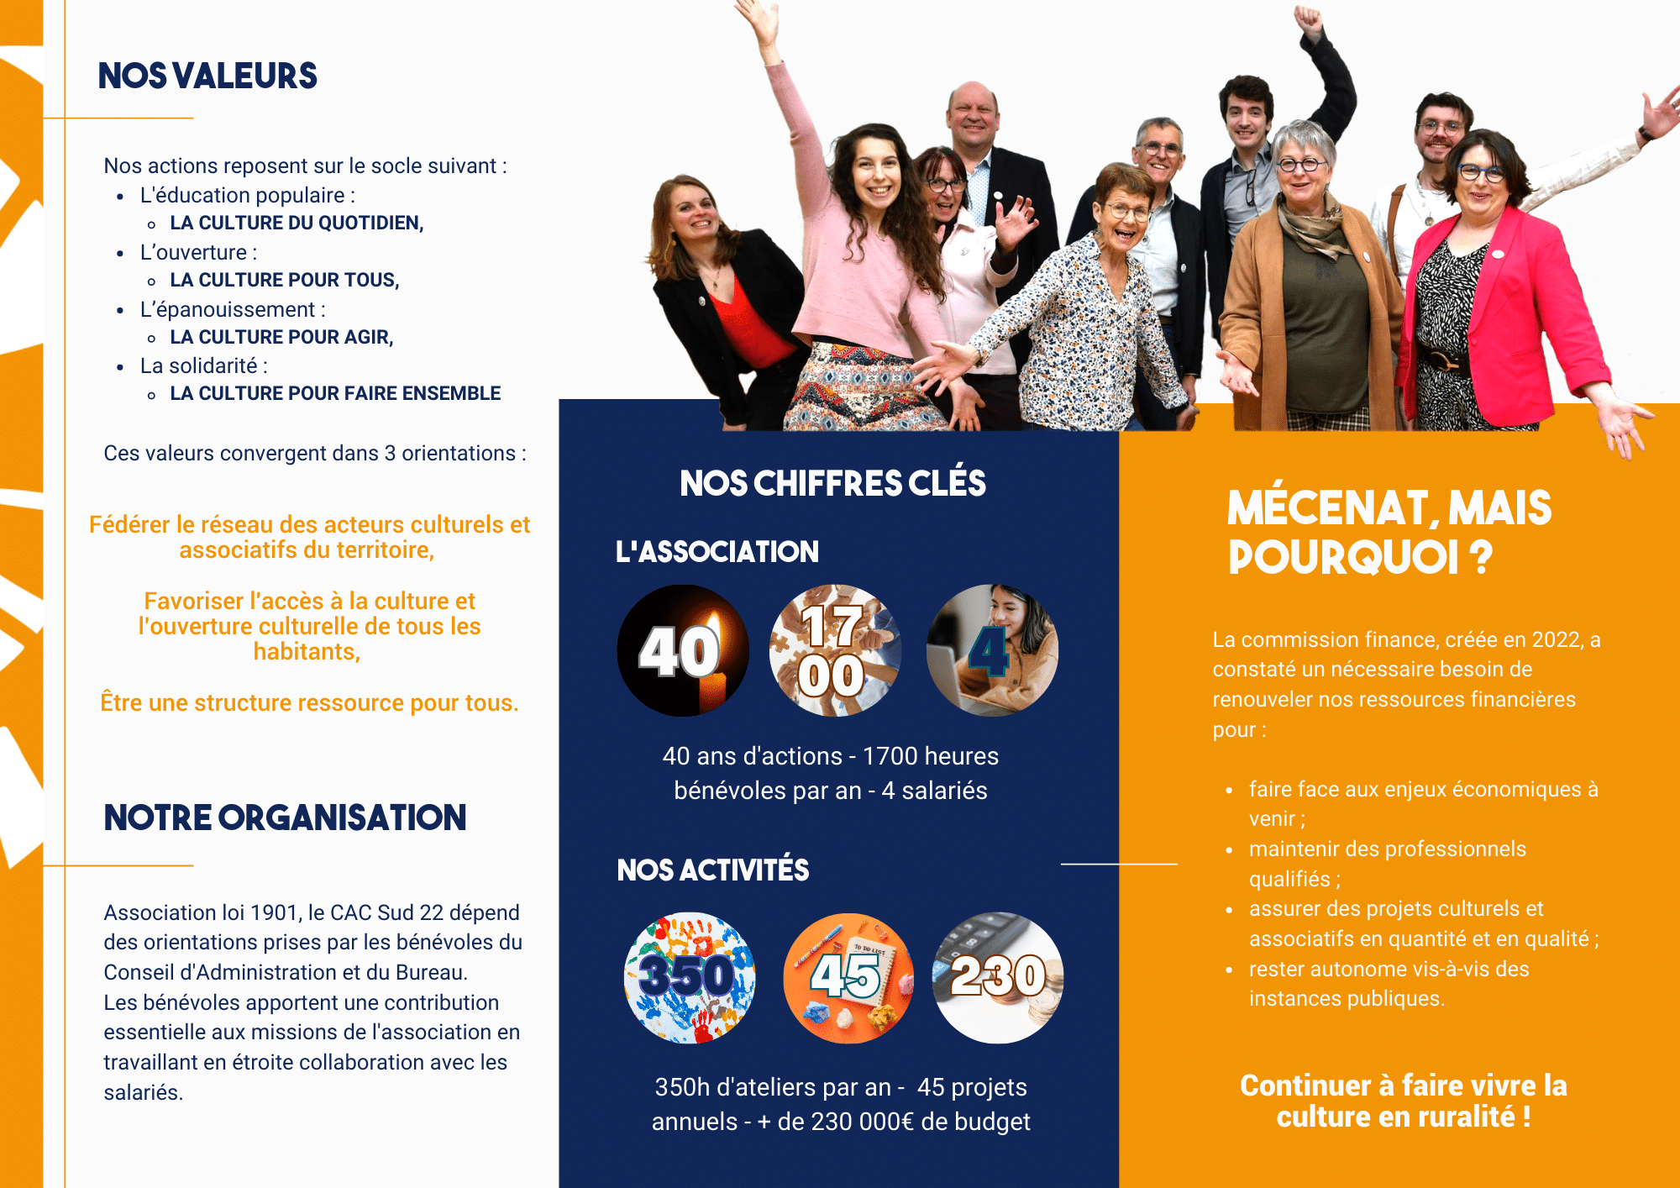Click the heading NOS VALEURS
coord(207,76)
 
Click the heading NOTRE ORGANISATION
coord(285,817)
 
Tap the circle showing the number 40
coord(683,650)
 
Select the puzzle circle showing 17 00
coord(835,650)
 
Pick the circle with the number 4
coord(992,650)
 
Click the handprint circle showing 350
coord(690,978)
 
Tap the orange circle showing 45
coord(848,978)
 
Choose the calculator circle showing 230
coord(998,978)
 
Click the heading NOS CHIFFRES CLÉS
coord(832,483)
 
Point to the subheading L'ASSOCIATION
coord(717,552)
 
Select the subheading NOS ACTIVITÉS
coord(712,870)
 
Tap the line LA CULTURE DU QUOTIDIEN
coord(297,223)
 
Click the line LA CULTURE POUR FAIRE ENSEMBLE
coord(335,393)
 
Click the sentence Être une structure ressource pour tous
coord(309,702)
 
